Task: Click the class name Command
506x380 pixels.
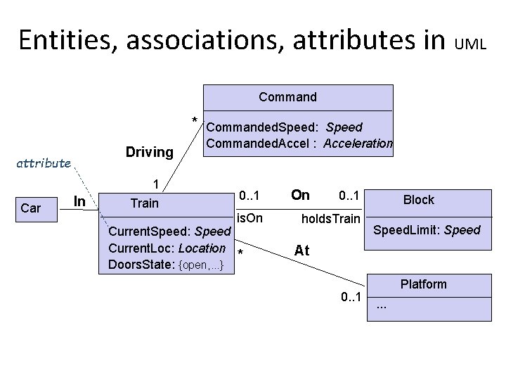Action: point(287,96)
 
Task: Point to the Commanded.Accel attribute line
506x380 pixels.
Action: point(299,144)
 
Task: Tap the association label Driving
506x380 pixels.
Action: point(149,151)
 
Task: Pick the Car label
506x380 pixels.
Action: point(31,208)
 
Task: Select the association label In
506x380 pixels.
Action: point(80,202)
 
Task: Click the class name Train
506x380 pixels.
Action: point(145,203)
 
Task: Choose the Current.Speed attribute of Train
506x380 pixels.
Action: point(169,232)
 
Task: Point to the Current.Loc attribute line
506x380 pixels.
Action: point(167,248)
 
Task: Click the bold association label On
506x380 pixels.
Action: point(300,195)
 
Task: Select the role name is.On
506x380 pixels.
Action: point(249,219)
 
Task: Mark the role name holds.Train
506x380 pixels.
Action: point(330,219)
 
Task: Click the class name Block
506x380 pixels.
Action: point(418,200)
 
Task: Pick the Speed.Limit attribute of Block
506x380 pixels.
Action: point(427,230)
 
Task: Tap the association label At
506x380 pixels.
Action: point(301,251)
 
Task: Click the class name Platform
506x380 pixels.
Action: point(423,284)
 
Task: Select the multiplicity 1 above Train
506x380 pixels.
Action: point(156,185)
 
